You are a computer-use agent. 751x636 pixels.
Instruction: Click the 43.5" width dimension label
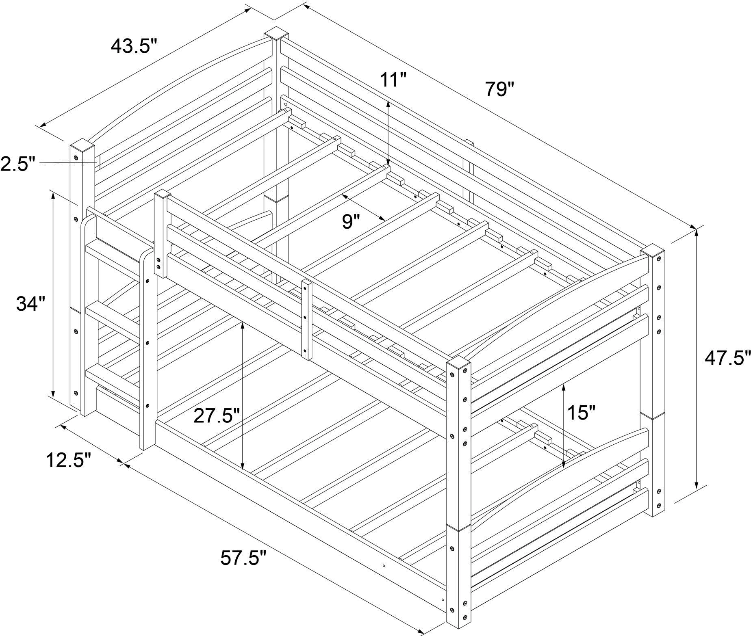133,46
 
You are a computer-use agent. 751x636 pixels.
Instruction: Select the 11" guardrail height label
393,80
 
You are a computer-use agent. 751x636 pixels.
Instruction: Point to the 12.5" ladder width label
67,460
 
